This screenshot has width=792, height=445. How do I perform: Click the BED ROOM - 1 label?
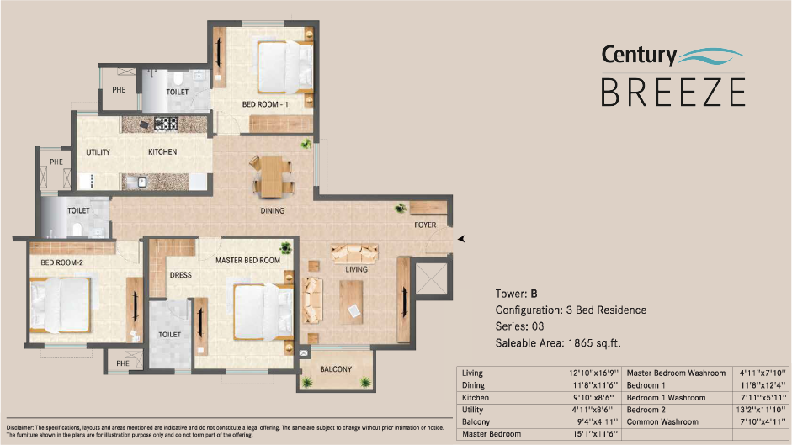[265, 104]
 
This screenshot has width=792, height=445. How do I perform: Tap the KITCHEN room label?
[162, 152]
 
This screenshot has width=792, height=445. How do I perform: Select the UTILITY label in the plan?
[98, 152]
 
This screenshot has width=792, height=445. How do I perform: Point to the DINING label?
[273, 211]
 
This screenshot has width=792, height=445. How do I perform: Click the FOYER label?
[425, 225]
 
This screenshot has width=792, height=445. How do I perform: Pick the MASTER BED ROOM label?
[247, 261]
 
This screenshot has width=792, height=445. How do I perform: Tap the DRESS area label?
[181, 274]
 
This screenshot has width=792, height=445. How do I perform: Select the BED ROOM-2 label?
[61, 262]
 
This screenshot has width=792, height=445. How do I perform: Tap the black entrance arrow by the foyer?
[460, 240]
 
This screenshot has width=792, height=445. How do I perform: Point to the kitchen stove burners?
[166, 124]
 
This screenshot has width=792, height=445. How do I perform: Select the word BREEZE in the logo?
[672, 91]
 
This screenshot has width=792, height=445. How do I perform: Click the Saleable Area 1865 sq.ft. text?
[558, 343]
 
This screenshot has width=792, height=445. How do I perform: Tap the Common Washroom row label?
[662, 421]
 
